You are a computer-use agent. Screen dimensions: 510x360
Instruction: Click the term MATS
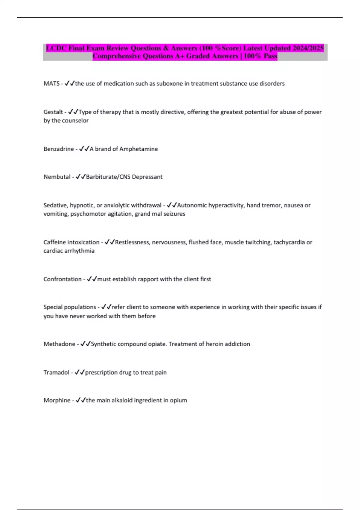tap(52, 84)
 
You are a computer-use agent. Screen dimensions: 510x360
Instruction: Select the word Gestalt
tap(53, 112)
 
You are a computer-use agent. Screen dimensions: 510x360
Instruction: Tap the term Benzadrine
tap(58, 149)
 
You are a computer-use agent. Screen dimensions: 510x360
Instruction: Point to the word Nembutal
tap(57, 177)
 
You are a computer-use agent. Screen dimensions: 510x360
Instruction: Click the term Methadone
tap(59, 344)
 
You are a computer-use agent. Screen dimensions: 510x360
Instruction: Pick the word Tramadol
tap(56, 373)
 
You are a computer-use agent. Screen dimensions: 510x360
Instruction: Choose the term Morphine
tap(57, 400)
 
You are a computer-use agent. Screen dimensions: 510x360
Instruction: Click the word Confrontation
tap(62, 279)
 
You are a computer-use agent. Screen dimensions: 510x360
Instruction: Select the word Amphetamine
tap(139, 149)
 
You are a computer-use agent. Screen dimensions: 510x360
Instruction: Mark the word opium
tap(179, 400)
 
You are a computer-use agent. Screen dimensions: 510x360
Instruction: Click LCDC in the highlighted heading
tap(56, 48)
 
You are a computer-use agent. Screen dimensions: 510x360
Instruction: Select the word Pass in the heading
tap(270, 56)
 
